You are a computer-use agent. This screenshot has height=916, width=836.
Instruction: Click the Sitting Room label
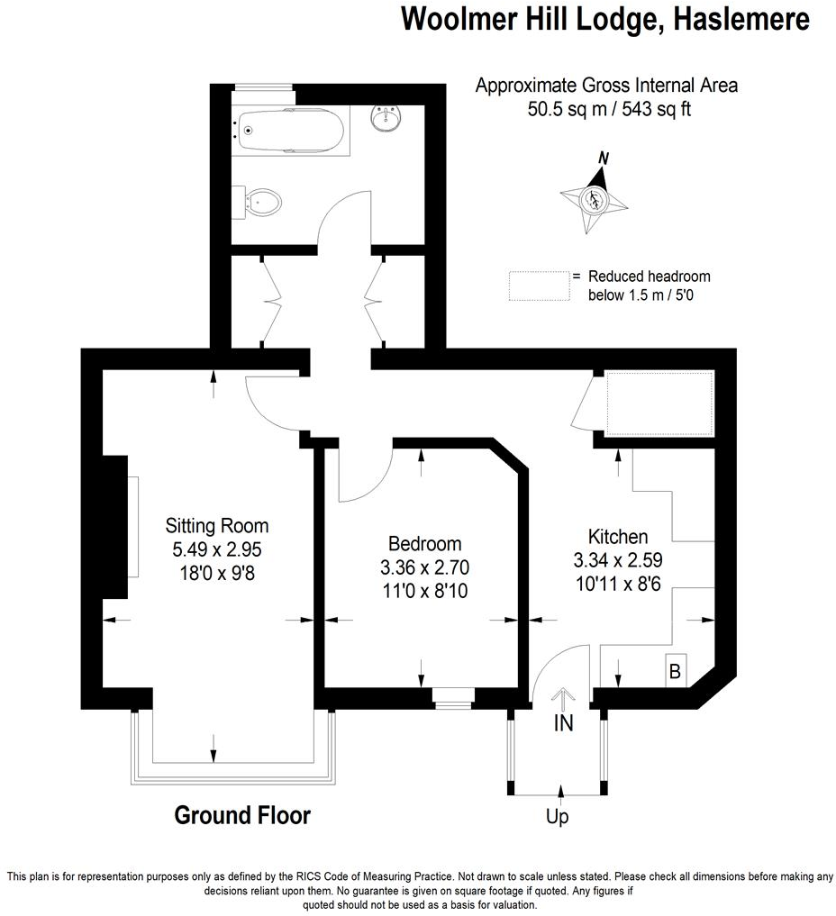coord(216,525)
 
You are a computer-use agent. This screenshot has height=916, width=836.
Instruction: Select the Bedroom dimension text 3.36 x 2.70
coord(424,567)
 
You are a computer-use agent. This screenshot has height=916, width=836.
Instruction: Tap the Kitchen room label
coord(618,536)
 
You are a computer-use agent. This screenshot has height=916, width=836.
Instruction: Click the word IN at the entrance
coord(563,723)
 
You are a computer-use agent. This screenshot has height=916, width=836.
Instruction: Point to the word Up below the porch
coord(557,818)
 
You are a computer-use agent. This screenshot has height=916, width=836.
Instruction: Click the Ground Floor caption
coord(241,816)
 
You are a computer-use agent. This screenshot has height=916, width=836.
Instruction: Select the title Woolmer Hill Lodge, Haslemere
coord(604,19)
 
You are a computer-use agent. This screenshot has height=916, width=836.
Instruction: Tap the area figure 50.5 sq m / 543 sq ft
coord(606,109)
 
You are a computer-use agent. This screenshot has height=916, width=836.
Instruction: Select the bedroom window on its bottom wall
coord(451,695)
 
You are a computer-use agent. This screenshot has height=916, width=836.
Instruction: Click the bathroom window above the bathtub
coord(263,87)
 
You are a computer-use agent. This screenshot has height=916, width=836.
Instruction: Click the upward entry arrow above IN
coord(564,698)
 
